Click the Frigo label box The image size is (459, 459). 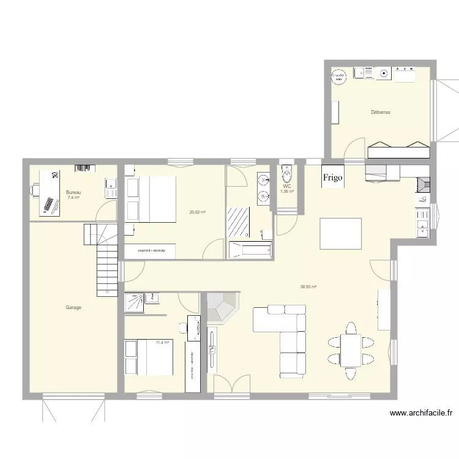coord(334,176)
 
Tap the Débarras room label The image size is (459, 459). coord(381,113)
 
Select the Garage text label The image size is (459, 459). coord(73,308)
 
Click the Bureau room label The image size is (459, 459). coord(73,193)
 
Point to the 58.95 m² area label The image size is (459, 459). coord(308,286)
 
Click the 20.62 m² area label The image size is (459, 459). coord(197,212)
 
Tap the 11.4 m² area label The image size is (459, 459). coord(162,343)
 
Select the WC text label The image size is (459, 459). coord(287,186)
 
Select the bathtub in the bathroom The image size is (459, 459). coord(250,250)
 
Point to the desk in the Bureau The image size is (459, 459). coord(51,192)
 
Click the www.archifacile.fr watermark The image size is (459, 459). coord(420,414)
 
